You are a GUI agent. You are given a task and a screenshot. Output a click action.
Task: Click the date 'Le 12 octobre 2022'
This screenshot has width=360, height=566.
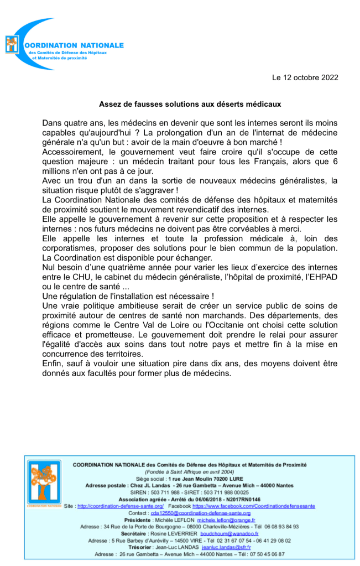[305, 78]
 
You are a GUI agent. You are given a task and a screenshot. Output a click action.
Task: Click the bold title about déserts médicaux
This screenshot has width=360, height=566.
[190, 103]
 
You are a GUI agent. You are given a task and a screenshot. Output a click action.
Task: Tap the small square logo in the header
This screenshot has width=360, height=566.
[12, 44]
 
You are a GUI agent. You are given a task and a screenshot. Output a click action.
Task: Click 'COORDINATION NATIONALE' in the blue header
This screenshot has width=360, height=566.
[75, 45]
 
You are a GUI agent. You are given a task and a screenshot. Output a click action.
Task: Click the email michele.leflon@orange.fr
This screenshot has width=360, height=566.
[226, 520]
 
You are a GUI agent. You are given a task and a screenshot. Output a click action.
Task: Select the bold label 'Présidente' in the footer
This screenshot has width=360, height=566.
[137, 520]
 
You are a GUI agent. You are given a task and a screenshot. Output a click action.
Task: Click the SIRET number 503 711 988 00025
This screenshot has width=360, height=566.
[226, 492]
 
